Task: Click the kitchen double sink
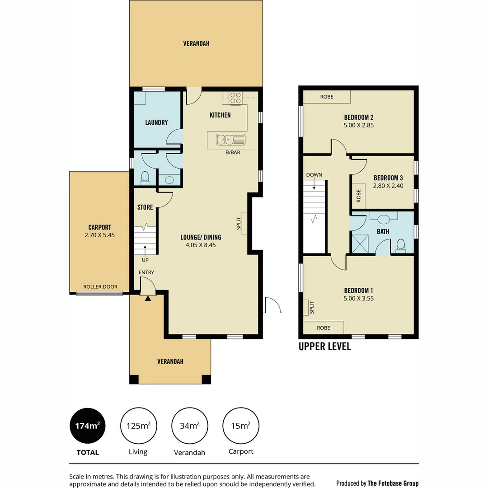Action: point(230,139)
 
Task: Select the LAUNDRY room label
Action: point(156,122)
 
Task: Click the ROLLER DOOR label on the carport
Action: point(100,287)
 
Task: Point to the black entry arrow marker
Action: point(147,298)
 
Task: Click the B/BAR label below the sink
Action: point(233,153)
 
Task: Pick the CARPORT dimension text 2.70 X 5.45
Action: point(99,235)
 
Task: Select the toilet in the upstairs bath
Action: point(400,245)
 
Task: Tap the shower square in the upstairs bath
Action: point(360,244)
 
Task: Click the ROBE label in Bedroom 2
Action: point(327,97)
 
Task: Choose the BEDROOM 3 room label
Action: point(388,178)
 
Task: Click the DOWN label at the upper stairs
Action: point(314,175)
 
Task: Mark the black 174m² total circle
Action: point(88,426)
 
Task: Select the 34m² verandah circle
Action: point(190,426)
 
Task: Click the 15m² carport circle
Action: point(241,426)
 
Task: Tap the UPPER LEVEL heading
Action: point(324,347)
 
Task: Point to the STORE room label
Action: point(145,207)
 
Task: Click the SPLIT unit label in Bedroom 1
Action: point(311,308)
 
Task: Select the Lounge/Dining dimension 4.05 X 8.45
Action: point(201,245)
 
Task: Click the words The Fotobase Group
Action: point(393,483)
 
